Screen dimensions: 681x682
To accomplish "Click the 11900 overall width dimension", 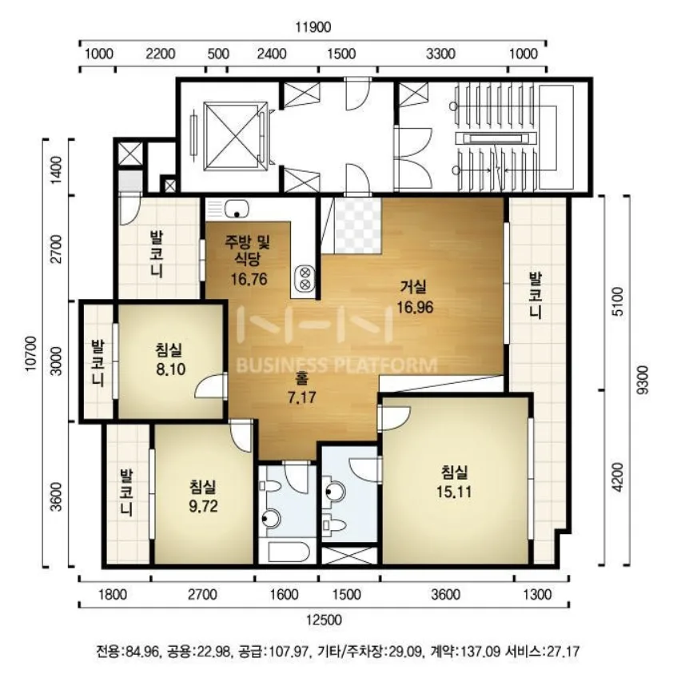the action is click(x=313, y=27).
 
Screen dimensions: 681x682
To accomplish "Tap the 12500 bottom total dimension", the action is click(x=324, y=620).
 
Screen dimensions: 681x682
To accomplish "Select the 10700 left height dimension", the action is click(x=32, y=353).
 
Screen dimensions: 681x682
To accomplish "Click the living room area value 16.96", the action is click(x=415, y=308).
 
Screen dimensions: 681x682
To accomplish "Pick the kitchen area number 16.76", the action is click(x=249, y=279).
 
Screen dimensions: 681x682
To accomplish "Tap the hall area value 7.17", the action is click(x=301, y=397).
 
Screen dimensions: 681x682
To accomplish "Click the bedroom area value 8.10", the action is click(x=171, y=369).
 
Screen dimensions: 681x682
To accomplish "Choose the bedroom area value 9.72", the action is click(x=203, y=506).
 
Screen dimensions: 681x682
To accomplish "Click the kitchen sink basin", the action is click(x=237, y=209).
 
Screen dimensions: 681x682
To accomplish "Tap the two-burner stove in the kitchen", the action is click(x=305, y=279).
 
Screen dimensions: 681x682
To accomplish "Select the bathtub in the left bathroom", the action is click(x=289, y=552).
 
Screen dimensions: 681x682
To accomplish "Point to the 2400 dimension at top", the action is click(x=272, y=54).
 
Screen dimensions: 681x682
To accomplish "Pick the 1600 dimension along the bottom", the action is click(x=284, y=594).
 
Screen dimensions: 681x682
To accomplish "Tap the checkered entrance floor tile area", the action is click(x=357, y=225).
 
